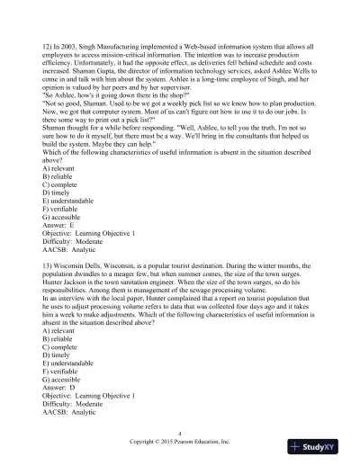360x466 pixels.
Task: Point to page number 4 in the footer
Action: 180,434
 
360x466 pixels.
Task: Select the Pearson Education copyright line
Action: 180,443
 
